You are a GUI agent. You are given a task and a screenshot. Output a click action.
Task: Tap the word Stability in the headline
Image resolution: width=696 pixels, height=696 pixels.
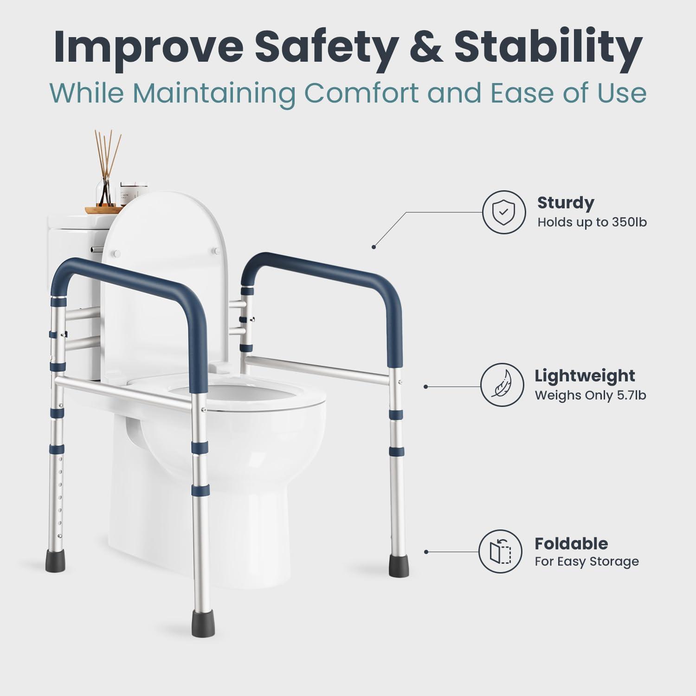[548, 48]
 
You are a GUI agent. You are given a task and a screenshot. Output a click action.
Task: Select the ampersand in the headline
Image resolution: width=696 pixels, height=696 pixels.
[425, 48]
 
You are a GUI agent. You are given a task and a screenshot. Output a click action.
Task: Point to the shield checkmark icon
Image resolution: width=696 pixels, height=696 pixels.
[503, 212]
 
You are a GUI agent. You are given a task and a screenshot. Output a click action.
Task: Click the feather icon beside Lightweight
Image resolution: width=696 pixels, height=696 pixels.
[502, 386]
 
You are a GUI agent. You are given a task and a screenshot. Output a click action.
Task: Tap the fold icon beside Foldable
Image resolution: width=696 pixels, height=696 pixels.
[501, 551]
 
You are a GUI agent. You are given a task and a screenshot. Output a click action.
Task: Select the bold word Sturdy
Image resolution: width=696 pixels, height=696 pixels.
[566, 203]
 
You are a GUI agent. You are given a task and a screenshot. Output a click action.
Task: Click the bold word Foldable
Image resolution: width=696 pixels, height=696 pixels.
[571, 543]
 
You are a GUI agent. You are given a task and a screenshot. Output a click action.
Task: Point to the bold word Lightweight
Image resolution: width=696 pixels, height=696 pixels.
[585, 376]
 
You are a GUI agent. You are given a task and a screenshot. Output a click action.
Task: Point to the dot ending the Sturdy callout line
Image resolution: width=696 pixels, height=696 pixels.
[374, 247]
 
